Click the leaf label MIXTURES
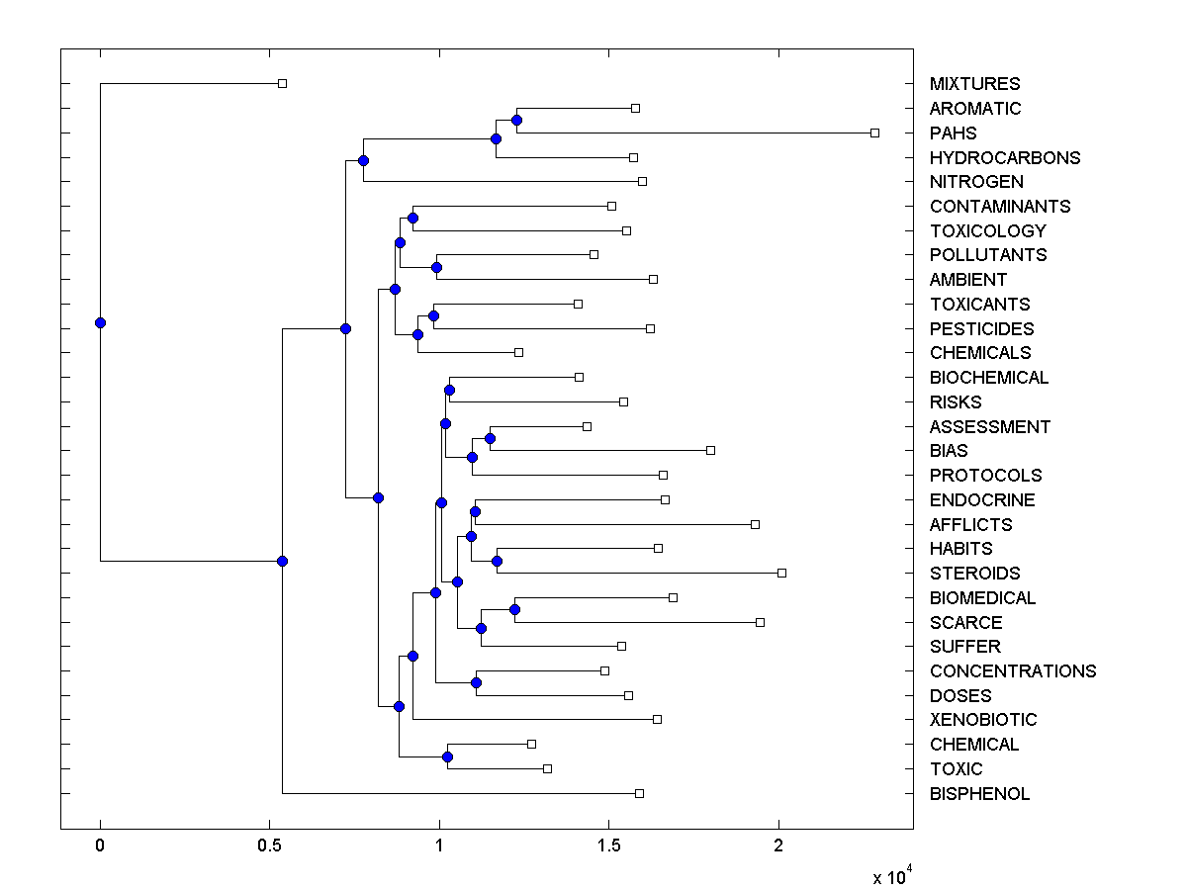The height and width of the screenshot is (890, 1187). (x=974, y=84)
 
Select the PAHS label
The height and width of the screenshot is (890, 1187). (x=953, y=133)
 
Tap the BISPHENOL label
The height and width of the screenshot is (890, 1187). (x=979, y=794)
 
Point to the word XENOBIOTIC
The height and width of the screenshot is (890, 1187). (x=983, y=720)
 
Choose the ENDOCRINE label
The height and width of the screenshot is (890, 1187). (x=982, y=500)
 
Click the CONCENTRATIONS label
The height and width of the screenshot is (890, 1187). (x=1013, y=671)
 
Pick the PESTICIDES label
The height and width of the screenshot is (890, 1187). (x=981, y=329)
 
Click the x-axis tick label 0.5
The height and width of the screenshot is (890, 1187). (x=269, y=847)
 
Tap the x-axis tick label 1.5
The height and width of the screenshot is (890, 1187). (x=608, y=847)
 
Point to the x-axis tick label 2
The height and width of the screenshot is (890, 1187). (x=778, y=847)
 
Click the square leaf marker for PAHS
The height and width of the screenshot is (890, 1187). (x=874, y=133)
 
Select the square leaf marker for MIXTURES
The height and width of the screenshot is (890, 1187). (x=282, y=83)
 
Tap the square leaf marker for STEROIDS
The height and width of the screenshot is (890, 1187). (x=781, y=573)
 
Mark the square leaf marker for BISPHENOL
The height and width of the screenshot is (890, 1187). (x=639, y=793)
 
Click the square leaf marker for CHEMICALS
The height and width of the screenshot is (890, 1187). (x=518, y=352)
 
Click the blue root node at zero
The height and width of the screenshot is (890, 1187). (x=100, y=322)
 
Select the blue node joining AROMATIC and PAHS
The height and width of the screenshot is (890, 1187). (x=516, y=120)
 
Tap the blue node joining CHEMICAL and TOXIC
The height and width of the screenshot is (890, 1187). (x=447, y=756)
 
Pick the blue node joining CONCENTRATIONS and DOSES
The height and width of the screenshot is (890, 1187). (x=476, y=682)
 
